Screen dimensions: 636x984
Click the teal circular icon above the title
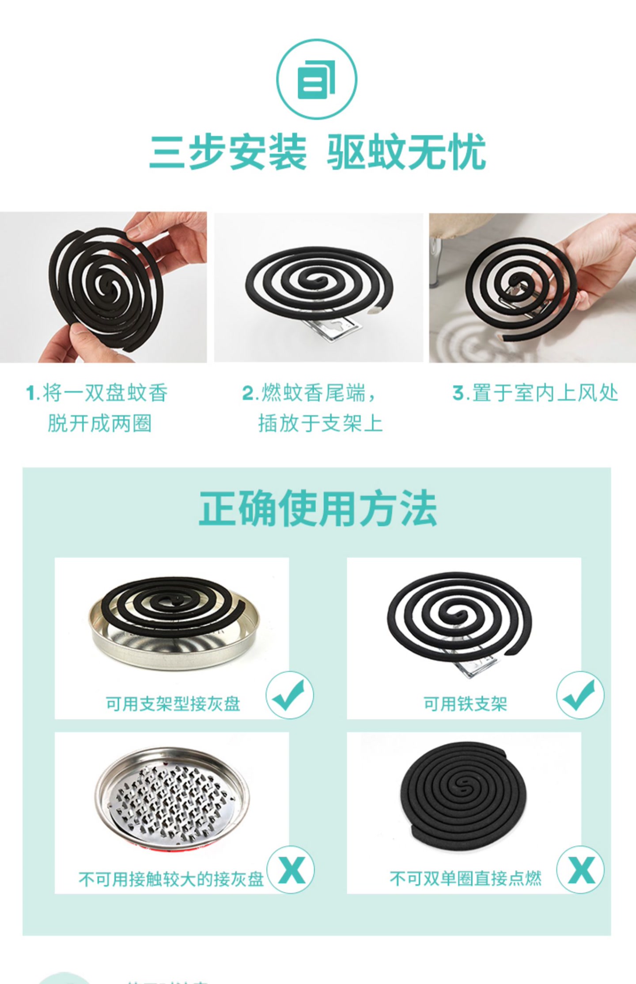coord(317,79)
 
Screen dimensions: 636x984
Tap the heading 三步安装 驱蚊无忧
coord(318,152)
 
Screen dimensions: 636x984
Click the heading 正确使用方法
coord(318,508)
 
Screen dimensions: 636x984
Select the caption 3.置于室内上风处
coord(535,393)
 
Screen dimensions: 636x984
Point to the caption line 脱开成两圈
coord(100,423)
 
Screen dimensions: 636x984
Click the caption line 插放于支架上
coord(321,423)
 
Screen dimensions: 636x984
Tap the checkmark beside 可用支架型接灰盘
coord(290,695)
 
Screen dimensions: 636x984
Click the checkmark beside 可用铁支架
coord(580,695)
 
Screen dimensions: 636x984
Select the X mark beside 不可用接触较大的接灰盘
coord(291,870)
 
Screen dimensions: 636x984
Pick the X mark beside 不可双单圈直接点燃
coord(580,870)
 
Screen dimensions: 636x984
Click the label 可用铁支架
coord(466,704)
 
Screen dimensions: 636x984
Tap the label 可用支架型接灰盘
coord(173,704)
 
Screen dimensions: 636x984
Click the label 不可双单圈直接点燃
coord(466,878)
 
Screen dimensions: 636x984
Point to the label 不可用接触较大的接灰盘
coord(171,879)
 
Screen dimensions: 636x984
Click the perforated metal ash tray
coord(172,797)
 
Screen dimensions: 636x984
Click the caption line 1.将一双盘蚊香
coord(97,393)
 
